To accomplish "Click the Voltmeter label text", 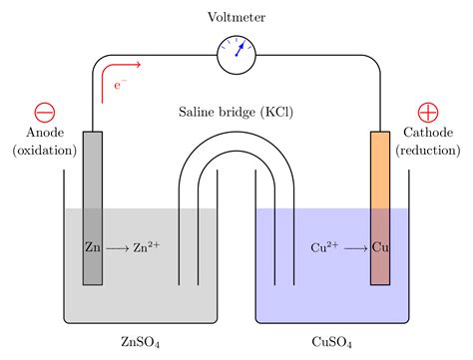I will click(x=236, y=18).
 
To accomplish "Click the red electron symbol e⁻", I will click(x=119, y=87).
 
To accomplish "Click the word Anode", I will click(x=44, y=133).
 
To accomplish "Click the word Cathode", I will click(x=428, y=133).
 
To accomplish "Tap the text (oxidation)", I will click(x=44, y=151).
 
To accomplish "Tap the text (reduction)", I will click(x=428, y=151).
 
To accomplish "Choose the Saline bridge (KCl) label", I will click(x=236, y=112).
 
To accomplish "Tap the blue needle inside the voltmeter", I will click(x=240, y=49).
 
